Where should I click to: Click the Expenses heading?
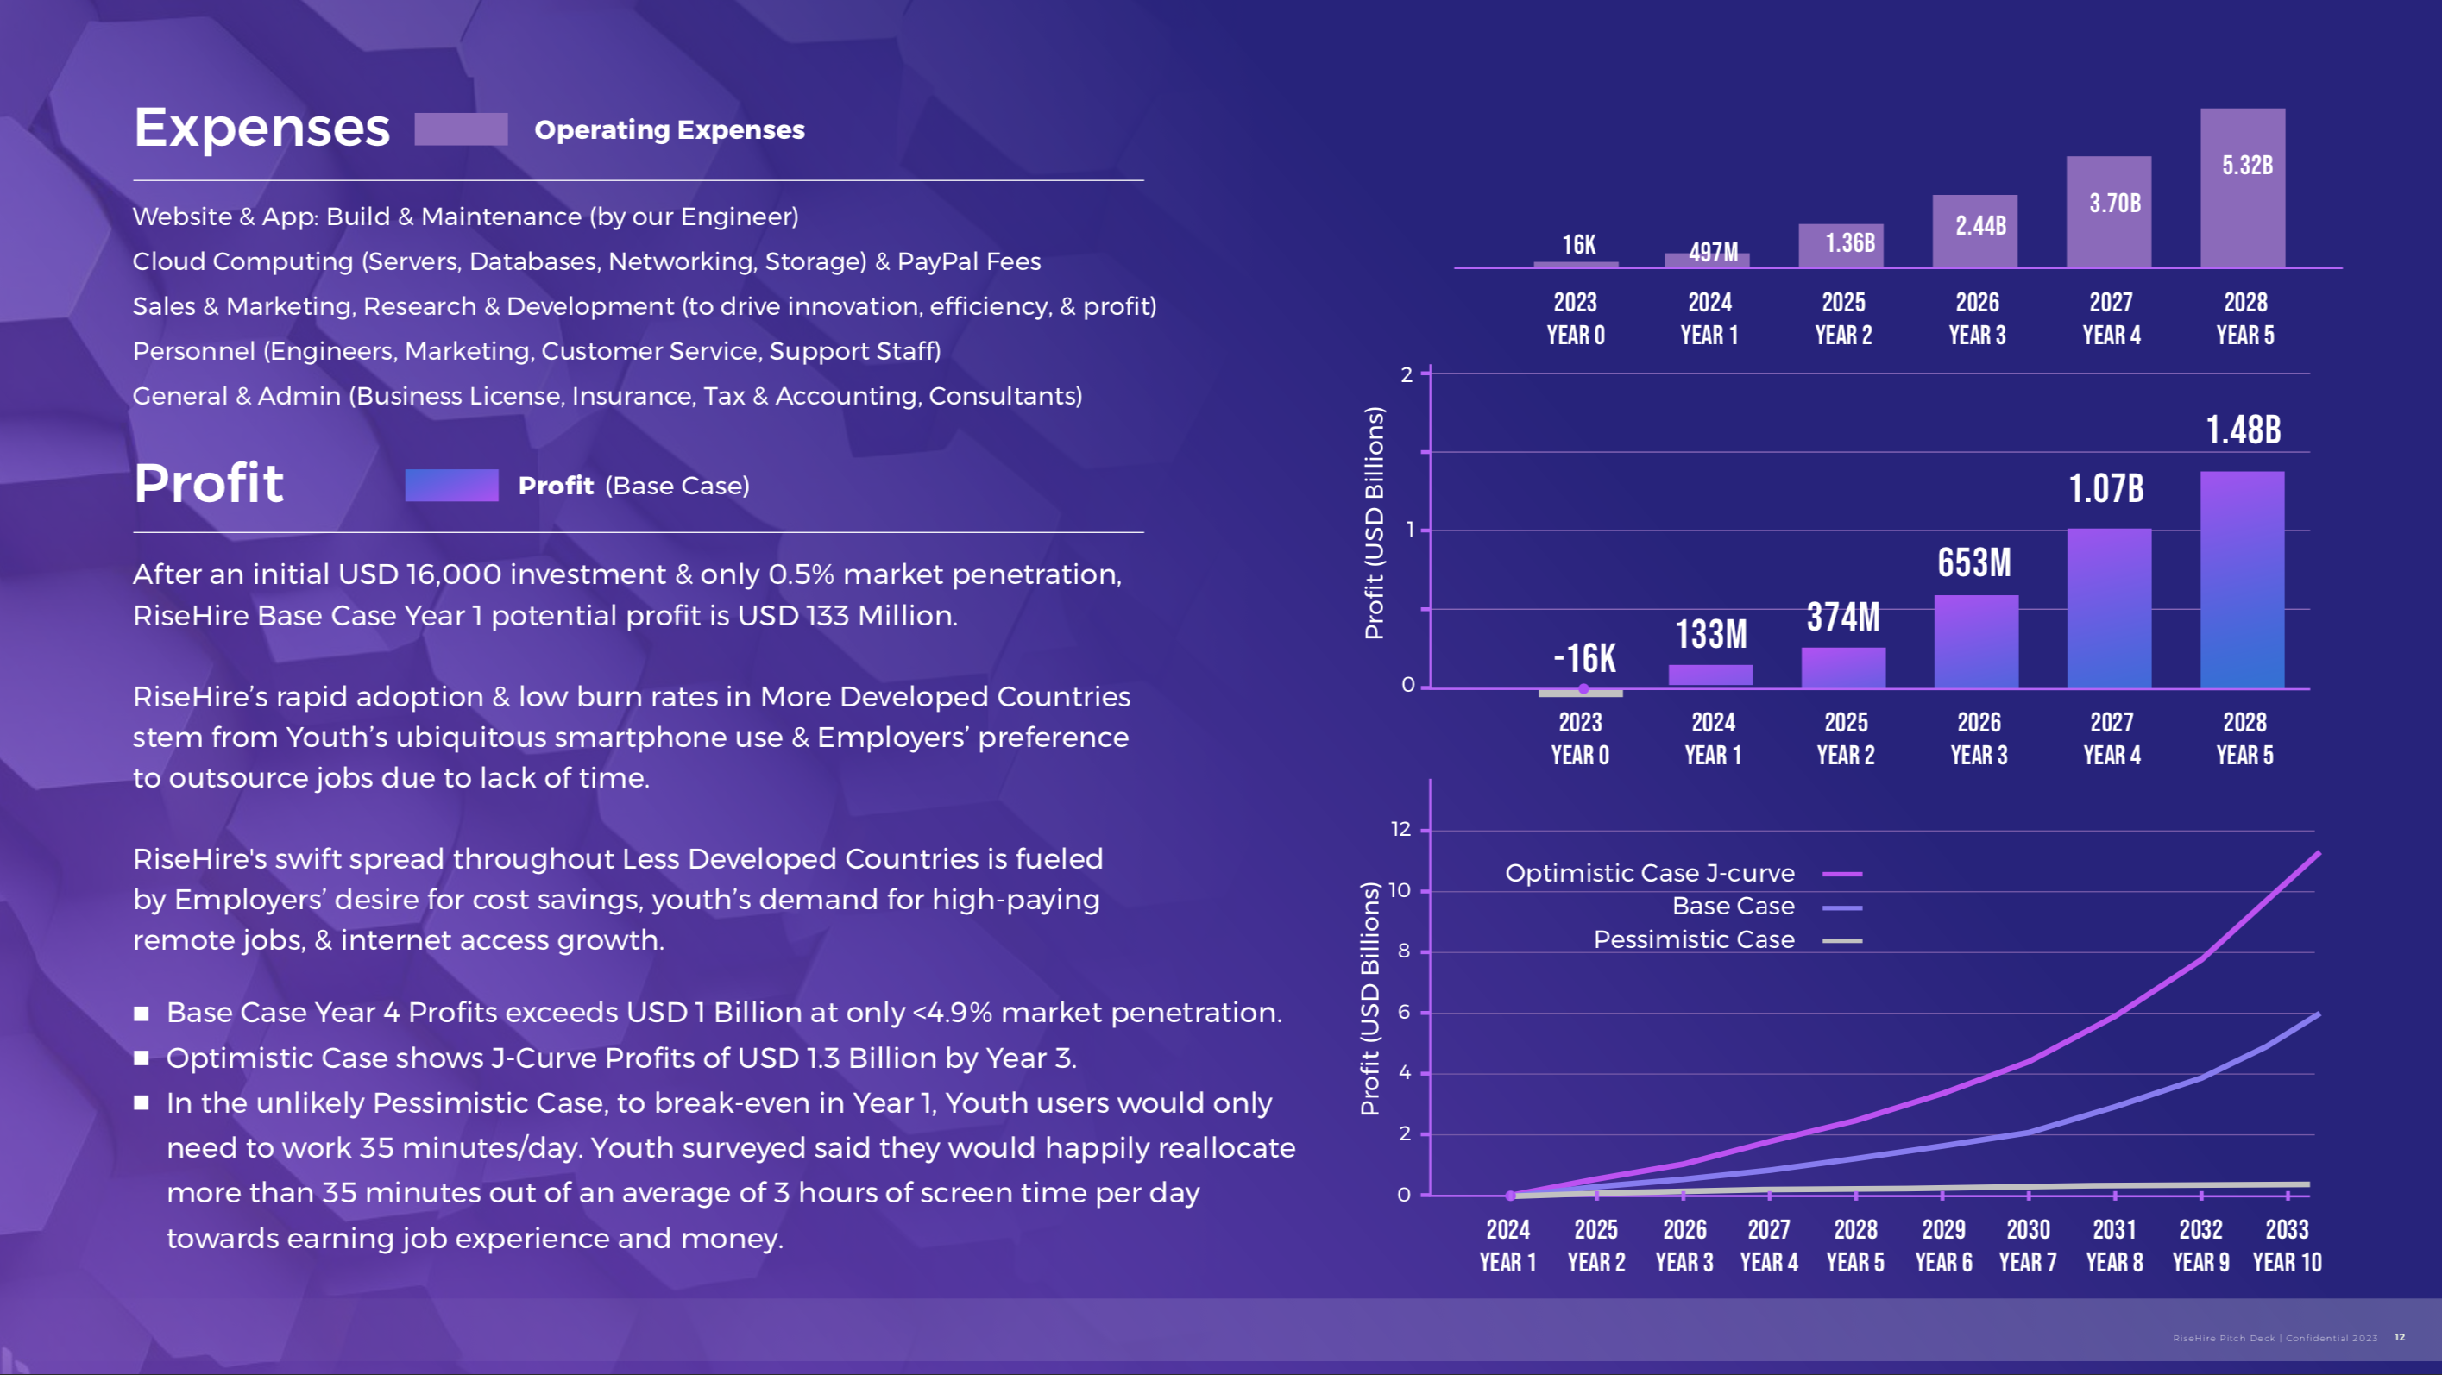[261, 128]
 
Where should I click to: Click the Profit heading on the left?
[209, 483]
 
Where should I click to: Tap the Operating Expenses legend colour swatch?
[461, 129]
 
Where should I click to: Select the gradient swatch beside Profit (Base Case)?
[451, 485]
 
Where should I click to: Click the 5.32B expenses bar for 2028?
[2242, 190]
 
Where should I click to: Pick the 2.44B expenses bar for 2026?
[1974, 231]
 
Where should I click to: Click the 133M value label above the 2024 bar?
[1710, 634]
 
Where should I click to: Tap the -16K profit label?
[1583, 657]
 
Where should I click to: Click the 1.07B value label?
[2105, 489]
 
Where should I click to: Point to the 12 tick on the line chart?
[1400, 829]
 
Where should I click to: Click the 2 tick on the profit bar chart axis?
[1407, 374]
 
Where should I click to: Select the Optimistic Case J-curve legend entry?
[1650, 873]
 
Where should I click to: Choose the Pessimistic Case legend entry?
[1693, 939]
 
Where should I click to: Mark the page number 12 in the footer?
[2400, 1337]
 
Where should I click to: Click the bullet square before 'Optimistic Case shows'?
[142, 1058]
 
